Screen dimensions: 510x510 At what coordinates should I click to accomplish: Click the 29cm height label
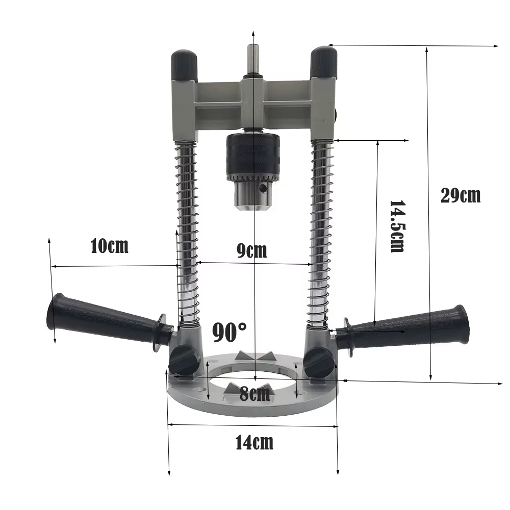(460, 195)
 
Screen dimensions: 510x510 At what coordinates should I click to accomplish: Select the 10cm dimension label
(109, 246)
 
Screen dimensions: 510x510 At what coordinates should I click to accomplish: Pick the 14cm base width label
(254, 442)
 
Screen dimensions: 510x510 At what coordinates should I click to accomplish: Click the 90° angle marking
(229, 332)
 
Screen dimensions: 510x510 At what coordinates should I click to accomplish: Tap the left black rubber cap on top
(185, 66)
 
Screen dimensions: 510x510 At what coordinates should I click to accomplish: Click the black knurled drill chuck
(253, 156)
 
